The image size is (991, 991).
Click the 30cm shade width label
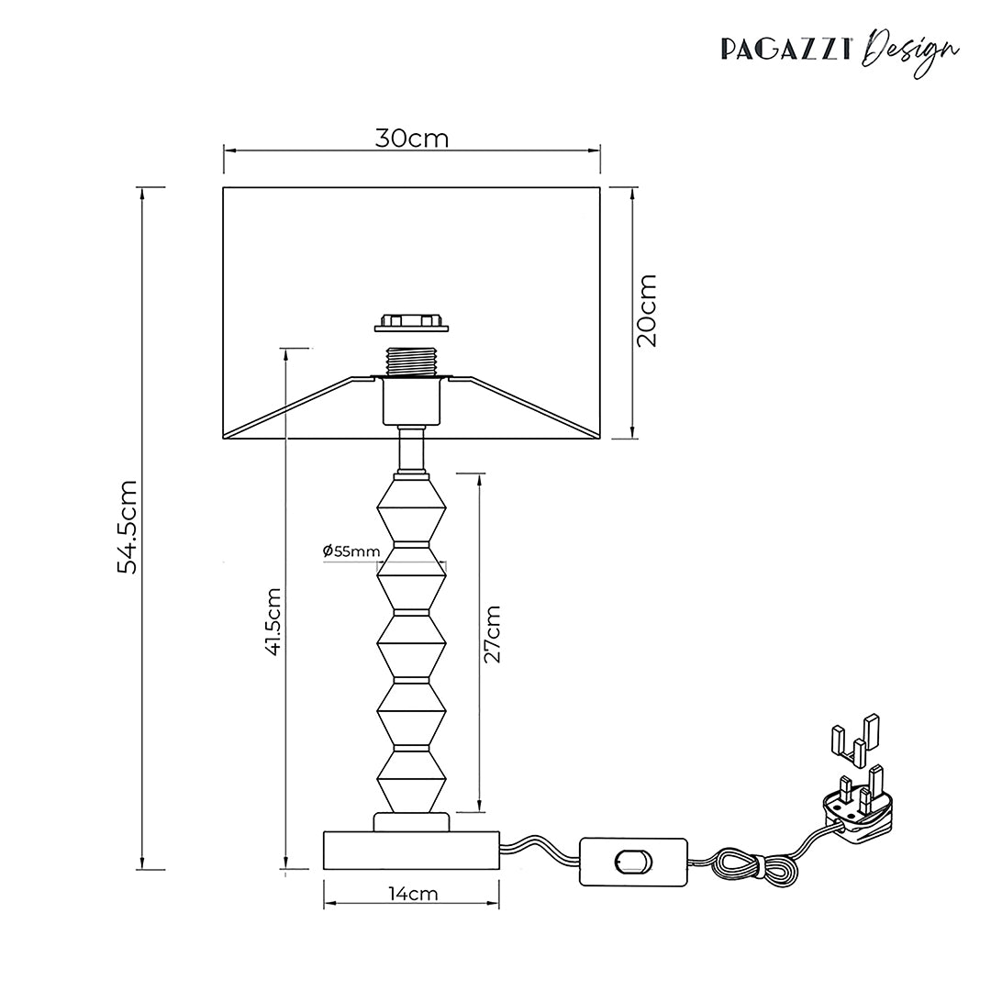(x=411, y=138)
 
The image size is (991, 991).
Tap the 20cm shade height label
(x=647, y=311)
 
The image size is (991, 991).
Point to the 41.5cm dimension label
(x=273, y=620)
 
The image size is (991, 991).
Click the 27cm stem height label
(x=492, y=634)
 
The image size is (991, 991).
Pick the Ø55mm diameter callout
(x=351, y=551)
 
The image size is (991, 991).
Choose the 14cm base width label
(x=413, y=894)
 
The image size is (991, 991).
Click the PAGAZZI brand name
(x=785, y=50)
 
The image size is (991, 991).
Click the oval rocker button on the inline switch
(x=632, y=862)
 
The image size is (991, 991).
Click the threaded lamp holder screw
(x=411, y=362)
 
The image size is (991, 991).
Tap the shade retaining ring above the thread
(x=411, y=321)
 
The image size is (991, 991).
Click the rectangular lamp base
(x=411, y=850)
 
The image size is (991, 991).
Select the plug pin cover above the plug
(x=854, y=738)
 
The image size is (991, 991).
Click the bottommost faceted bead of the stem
(x=411, y=780)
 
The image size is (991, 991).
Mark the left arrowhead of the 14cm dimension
(x=328, y=905)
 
